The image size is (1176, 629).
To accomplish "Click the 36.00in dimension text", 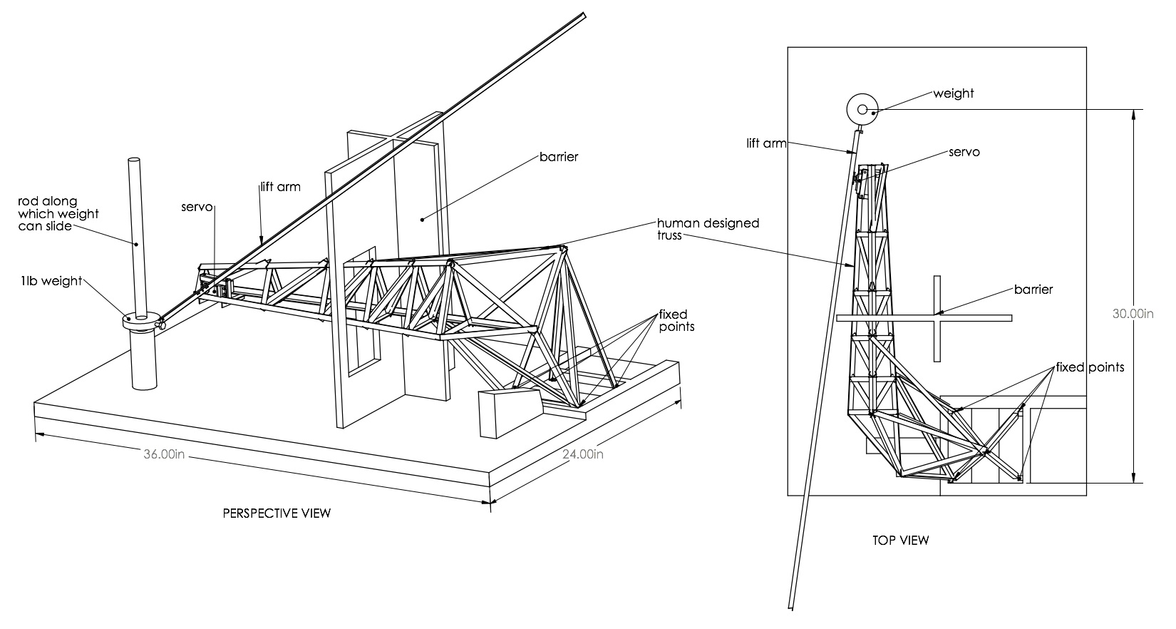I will point(164,456).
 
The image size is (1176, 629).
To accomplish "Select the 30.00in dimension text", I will point(1133,313).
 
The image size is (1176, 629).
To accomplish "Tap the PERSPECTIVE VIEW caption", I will point(277,513).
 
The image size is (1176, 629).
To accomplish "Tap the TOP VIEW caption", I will point(900,540).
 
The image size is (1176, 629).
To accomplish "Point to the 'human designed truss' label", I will point(708,229).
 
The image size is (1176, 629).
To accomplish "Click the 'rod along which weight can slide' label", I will point(58,214).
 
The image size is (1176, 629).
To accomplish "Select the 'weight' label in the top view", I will point(953,93).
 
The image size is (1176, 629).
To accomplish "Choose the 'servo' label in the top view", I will point(964,152).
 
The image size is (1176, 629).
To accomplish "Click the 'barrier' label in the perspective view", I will point(558,157).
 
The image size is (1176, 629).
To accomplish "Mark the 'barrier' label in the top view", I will point(1033,290).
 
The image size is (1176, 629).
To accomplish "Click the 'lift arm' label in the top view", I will point(767,143).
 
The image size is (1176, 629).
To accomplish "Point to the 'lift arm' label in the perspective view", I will point(279,188).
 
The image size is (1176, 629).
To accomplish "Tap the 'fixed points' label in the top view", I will point(1090,367).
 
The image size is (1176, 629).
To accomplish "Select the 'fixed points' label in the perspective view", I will point(676,320).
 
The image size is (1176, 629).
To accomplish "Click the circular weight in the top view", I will point(862,109).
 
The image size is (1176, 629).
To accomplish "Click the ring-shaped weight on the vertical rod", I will point(141,322).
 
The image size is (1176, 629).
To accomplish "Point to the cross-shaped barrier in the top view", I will point(936,317).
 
